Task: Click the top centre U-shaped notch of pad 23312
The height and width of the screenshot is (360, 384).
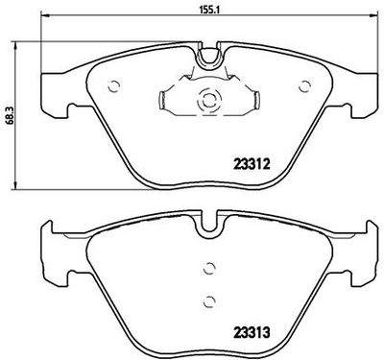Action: coord(206,59)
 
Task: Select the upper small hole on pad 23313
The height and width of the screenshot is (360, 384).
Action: coord(206,269)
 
